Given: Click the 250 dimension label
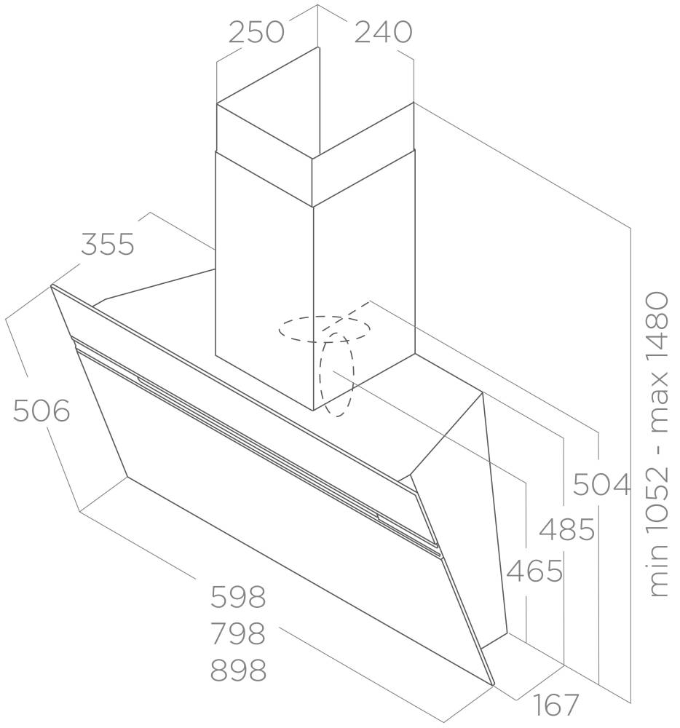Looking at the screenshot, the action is click(256, 33).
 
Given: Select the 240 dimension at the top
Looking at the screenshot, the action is click(383, 33).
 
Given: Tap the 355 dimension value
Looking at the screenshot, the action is click(108, 244).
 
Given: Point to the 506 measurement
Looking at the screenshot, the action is click(41, 411).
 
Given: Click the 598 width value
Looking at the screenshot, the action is click(238, 597).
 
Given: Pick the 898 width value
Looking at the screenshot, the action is click(238, 670).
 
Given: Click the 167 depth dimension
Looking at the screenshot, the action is click(556, 705).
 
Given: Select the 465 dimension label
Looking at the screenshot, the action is click(534, 571).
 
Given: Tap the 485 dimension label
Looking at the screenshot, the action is click(566, 529).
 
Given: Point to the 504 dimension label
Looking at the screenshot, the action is click(602, 484).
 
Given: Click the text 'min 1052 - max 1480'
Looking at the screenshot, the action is click(658, 444).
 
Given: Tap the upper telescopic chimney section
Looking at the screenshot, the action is click(315, 153).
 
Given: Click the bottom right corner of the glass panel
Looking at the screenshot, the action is click(494, 685).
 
